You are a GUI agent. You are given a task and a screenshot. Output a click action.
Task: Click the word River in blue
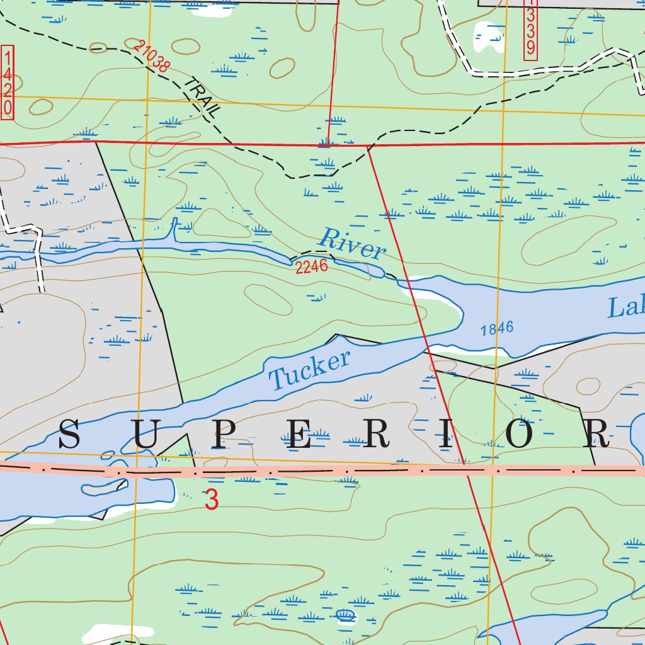click(x=351, y=244)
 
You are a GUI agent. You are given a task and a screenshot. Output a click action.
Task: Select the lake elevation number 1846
click(x=496, y=328)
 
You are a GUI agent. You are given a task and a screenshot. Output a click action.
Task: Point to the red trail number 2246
click(x=311, y=266)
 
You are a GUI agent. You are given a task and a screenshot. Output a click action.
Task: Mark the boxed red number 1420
click(x=8, y=81)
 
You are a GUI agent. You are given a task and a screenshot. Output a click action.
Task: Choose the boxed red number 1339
click(x=530, y=30)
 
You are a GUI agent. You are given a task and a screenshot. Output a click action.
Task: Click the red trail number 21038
click(x=152, y=55)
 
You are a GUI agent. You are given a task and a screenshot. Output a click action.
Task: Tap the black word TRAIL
click(x=203, y=98)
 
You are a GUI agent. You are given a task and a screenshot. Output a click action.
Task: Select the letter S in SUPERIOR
click(x=69, y=435)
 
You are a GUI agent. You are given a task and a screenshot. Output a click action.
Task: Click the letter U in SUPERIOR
click(x=144, y=435)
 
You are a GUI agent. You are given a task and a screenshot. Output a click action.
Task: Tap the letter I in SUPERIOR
click(x=445, y=435)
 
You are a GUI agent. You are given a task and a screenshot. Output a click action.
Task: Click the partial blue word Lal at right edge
click(x=626, y=307)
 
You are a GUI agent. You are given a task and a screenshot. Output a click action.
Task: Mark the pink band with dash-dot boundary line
click(x=378, y=471)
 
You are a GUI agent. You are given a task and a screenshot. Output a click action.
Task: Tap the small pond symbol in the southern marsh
click(x=345, y=615)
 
